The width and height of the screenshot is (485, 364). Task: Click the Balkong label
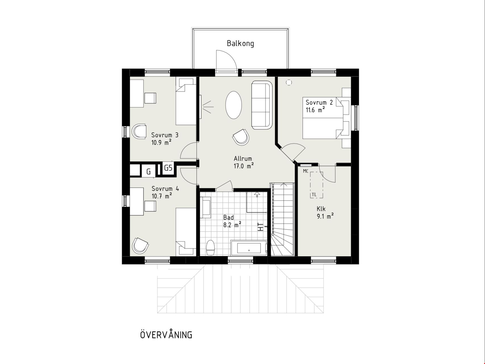[240, 44]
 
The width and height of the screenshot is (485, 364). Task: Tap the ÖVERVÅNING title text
[166, 334]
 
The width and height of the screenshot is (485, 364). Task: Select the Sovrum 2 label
[319, 102]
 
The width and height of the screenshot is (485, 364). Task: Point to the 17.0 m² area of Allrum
[243, 166]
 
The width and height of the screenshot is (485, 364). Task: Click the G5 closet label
[168, 168]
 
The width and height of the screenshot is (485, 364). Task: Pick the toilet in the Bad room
[211, 248]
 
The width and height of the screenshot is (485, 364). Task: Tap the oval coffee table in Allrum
[234, 105]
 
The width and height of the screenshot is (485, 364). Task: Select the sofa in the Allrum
[262, 105]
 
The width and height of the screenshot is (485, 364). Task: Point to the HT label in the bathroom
[260, 227]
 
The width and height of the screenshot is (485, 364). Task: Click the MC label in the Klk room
[306, 171]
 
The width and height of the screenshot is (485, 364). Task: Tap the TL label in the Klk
[314, 195]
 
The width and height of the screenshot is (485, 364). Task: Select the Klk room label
[321, 209]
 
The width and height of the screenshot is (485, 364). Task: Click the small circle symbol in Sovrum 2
[289, 82]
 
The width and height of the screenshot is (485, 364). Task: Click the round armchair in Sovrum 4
[140, 245]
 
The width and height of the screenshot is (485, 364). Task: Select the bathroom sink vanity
[205, 207]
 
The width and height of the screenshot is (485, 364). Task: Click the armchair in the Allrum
[241, 137]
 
